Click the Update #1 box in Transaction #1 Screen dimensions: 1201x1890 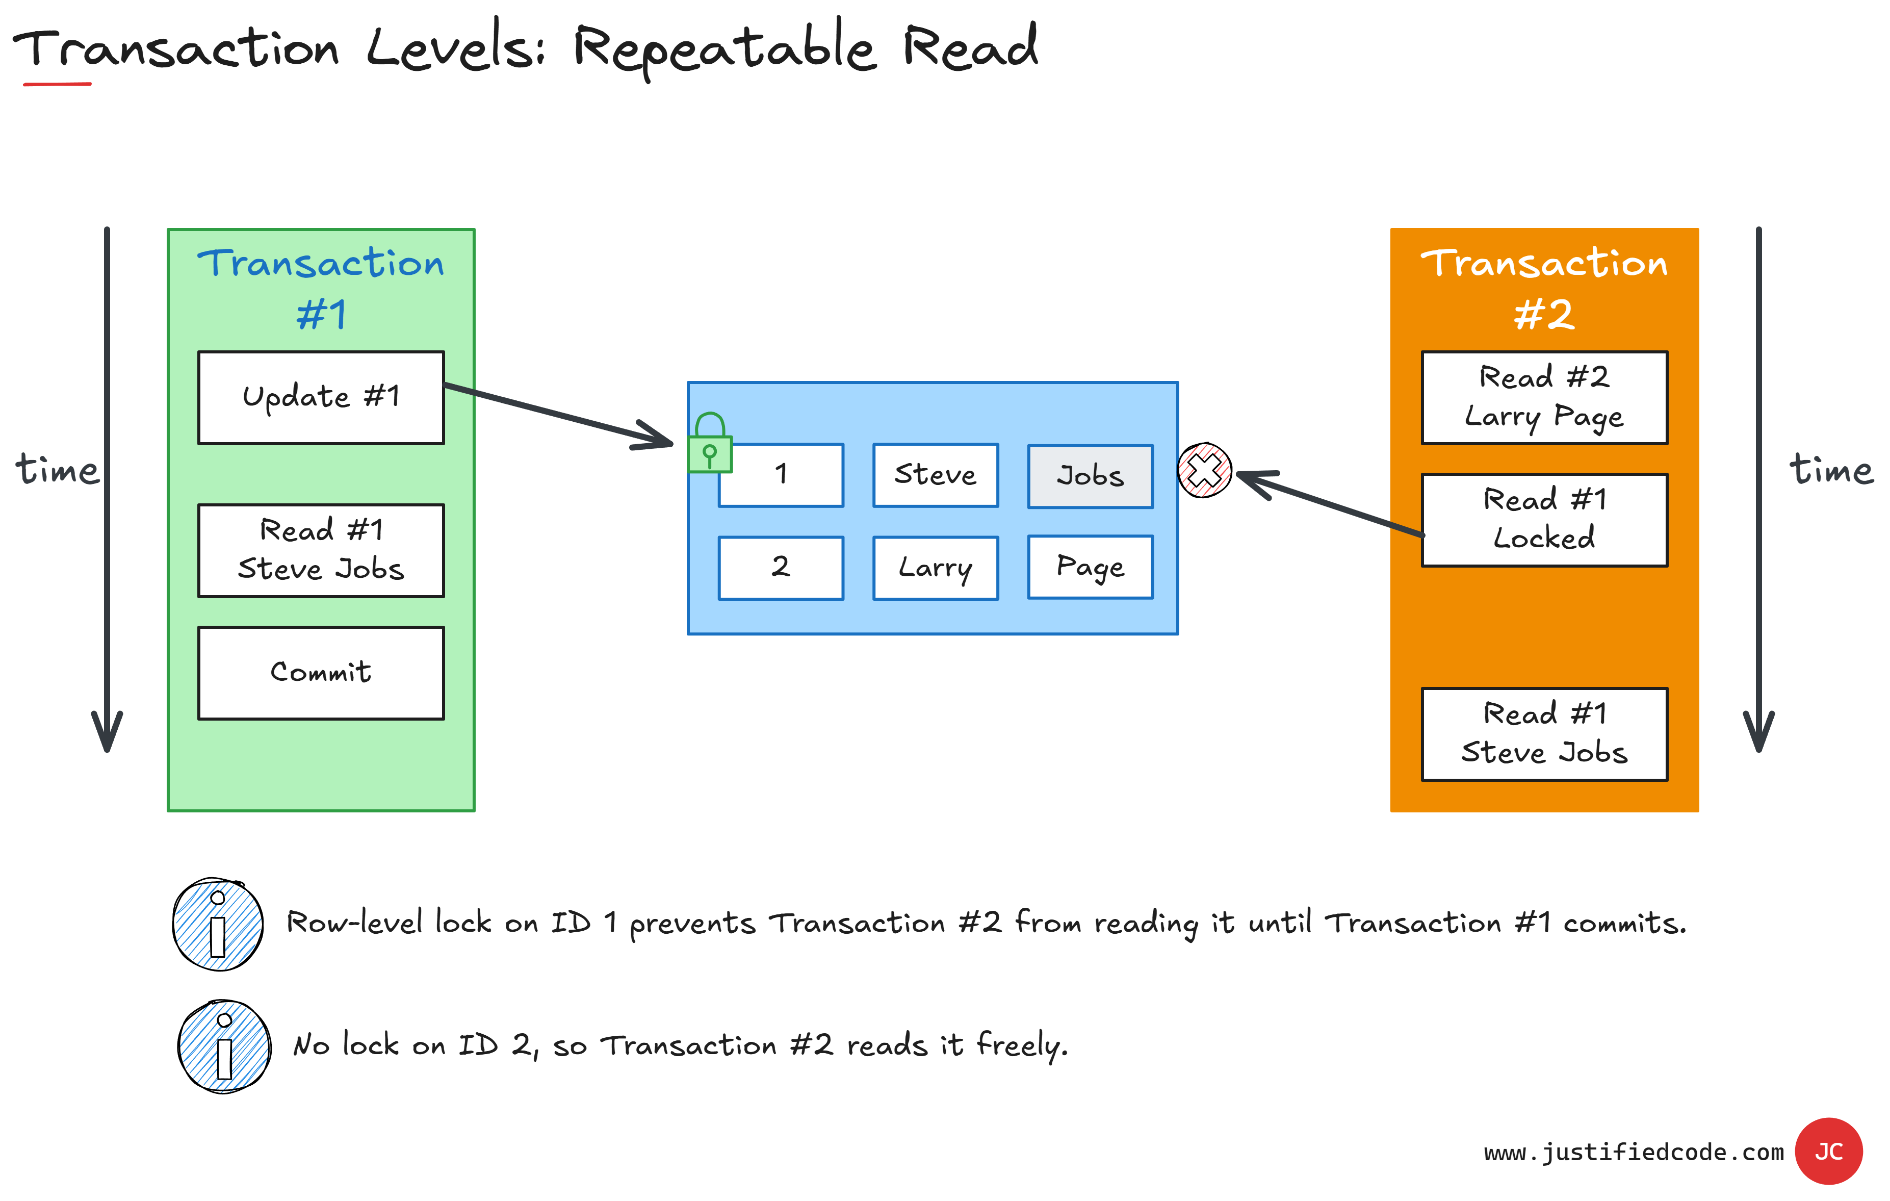pyautogui.click(x=321, y=397)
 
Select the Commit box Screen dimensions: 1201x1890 pyautogui.click(x=321, y=673)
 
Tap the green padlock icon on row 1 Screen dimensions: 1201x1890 pyautogui.click(x=710, y=445)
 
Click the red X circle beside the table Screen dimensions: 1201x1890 pyautogui.click(x=1205, y=471)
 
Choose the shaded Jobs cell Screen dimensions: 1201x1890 pyautogui.click(x=1090, y=476)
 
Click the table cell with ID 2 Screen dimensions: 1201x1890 pyautogui.click(x=781, y=568)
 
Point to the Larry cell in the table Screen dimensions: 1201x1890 pyautogui.click(x=936, y=568)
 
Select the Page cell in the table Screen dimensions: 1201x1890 pyautogui.click(x=1090, y=567)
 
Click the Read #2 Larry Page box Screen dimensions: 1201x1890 pyautogui.click(x=1544, y=397)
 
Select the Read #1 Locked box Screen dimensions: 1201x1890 pyautogui.click(x=1544, y=520)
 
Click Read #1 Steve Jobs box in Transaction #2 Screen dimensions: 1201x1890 pyautogui.click(x=1544, y=734)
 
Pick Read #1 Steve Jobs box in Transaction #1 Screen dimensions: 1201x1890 pyautogui.click(x=321, y=550)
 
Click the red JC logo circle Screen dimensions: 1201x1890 pyautogui.click(x=1829, y=1151)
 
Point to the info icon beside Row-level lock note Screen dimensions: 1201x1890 pyautogui.click(x=218, y=925)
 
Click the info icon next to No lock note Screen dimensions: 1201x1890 pyautogui.click(x=224, y=1046)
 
